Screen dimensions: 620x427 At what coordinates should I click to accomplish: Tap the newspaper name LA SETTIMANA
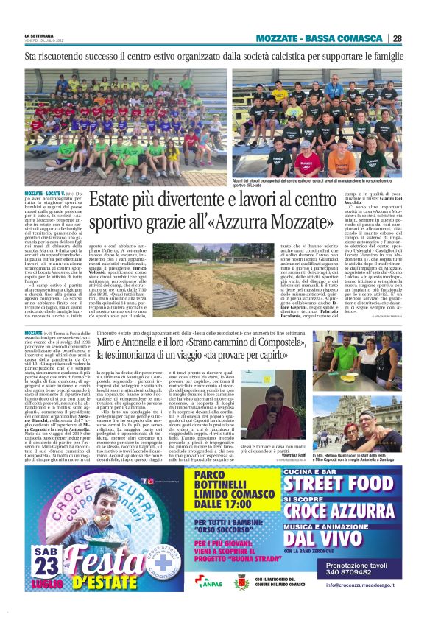tap(39, 35)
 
